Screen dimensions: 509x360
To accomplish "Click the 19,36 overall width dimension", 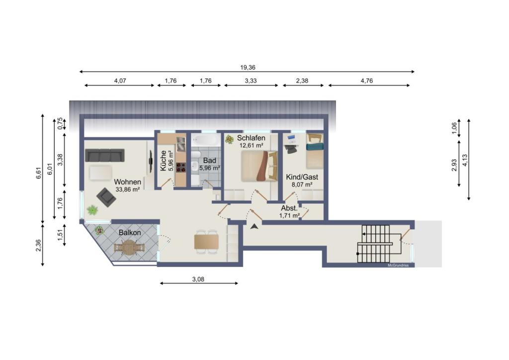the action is coord(248,68).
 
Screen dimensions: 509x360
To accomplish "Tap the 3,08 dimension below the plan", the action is coord(198,279).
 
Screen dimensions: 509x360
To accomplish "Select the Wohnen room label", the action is coord(127,182).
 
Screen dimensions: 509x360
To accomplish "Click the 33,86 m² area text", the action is coord(127,189).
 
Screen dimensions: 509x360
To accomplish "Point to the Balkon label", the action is coord(130,233).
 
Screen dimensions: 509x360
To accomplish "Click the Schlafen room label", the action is coord(251,138).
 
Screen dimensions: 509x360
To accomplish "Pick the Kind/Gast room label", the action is coord(302,177).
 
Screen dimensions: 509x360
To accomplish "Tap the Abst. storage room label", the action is coord(289,208).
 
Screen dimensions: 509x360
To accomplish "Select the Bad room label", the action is coord(209,161).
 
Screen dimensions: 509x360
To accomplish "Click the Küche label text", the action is coord(163,161).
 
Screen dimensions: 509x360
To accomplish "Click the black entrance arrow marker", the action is coord(254,226).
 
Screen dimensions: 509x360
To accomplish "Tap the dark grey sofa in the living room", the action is coord(105,155).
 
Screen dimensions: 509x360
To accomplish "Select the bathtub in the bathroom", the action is coord(205,141).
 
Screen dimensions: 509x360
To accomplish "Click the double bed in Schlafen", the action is coord(259,166).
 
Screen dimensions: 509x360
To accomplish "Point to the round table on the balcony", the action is coord(130,248).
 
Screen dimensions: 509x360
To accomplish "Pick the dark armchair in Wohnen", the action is coord(106,197).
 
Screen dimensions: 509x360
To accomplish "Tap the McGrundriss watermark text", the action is coord(398,265).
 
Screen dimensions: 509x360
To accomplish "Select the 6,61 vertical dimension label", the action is coord(39,173).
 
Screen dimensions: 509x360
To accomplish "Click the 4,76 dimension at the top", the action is coord(367,81).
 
